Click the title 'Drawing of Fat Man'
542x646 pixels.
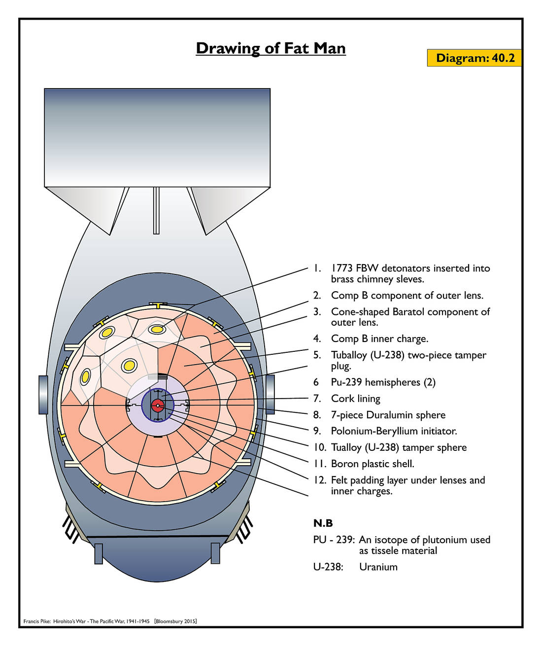point(271,48)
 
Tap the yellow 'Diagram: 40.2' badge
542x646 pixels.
point(474,58)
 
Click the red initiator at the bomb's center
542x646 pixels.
point(158,406)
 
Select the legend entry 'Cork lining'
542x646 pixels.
point(355,398)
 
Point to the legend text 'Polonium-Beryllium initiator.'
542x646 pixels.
point(394,431)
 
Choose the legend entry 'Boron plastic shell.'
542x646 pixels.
point(373,464)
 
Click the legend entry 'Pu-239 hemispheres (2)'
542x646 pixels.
point(383,382)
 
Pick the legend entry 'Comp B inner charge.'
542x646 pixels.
point(379,339)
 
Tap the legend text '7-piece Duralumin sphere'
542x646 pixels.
point(388,415)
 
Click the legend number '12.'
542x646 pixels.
point(320,480)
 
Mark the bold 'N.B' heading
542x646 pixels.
point(323,523)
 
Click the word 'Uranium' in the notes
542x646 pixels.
point(378,567)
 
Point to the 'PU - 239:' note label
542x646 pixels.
point(334,540)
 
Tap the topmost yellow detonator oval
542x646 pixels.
point(158,329)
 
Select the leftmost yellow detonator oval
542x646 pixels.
point(85,376)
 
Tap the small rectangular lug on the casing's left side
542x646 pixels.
point(43,394)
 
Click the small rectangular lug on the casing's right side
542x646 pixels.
point(270,394)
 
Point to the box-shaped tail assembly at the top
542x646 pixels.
point(157,137)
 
